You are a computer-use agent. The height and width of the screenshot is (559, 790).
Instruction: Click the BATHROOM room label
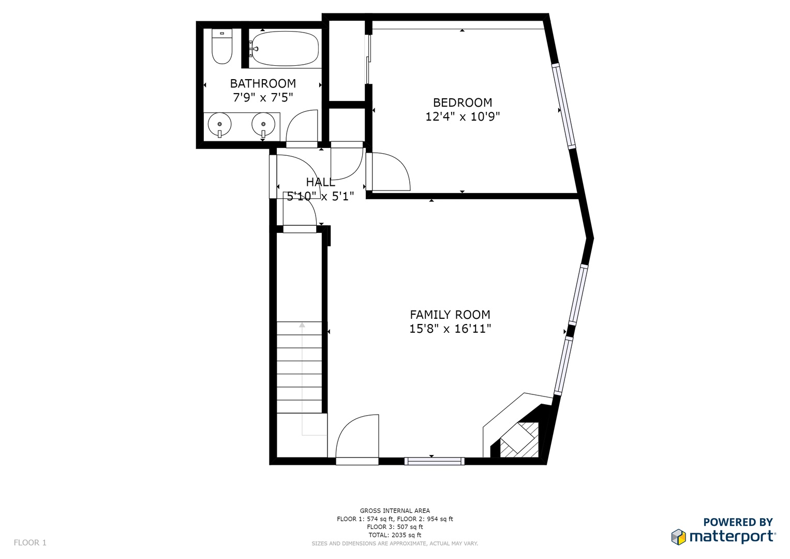[x=263, y=84]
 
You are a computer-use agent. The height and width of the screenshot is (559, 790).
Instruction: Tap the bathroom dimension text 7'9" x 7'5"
[x=263, y=97]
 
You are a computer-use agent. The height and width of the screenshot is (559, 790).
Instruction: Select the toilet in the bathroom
[x=222, y=46]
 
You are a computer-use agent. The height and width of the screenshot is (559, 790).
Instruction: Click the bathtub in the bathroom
[x=285, y=49]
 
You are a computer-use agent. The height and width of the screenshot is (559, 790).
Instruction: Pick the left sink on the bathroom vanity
[x=219, y=124]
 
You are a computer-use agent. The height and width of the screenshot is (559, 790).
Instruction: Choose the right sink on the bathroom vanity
[x=263, y=124]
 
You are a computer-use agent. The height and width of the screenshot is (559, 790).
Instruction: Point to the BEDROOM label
[x=463, y=102]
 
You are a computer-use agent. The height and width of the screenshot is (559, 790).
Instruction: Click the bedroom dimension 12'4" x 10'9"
[x=463, y=116]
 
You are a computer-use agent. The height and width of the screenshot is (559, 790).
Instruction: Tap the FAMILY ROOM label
[x=450, y=315]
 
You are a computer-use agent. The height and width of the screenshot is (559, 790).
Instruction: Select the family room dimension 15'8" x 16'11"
[x=450, y=329]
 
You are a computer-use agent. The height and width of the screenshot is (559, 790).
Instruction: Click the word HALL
[x=320, y=182]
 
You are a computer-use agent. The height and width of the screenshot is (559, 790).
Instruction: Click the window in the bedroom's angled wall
[x=563, y=106]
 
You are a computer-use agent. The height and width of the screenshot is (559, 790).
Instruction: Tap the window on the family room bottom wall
[x=434, y=461]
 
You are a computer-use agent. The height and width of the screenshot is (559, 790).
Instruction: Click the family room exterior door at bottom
[x=357, y=439]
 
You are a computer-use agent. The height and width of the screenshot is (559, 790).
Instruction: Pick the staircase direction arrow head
[x=302, y=325]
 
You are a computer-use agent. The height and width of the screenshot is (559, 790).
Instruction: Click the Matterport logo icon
[x=678, y=536]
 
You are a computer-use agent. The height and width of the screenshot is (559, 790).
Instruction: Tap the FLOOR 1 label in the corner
[x=30, y=542]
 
